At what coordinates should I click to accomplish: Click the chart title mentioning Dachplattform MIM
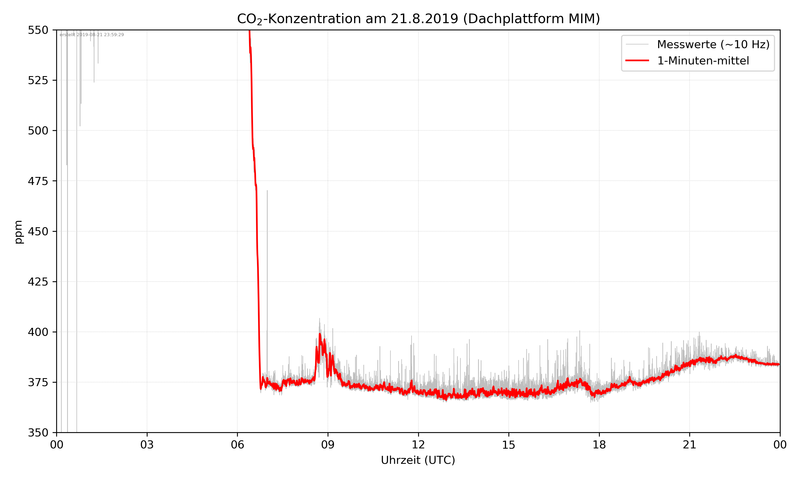click(x=418, y=19)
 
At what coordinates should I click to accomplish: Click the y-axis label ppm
click(x=18, y=232)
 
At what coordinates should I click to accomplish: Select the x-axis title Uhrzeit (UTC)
click(x=418, y=460)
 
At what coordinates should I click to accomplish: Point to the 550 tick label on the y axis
click(x=38, y=30)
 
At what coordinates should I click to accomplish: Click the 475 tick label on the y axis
click(x=38, y=181)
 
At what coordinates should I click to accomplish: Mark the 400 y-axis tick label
click(x=38, y=332)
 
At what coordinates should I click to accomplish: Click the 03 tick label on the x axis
click(x=147, y=445)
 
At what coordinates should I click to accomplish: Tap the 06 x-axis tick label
click(x=237, y=445)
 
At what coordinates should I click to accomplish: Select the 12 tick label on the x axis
click(x=418, y=445)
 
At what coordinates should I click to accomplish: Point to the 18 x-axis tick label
click(x=599, y=445)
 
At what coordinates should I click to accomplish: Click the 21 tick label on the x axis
click(x=690, y=445)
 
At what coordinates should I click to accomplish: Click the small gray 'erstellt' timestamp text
click(x=92, y=35)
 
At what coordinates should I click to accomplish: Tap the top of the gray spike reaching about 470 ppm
click(x=267, y=191)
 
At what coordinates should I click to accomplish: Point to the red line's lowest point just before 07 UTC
click(x=261, y=389)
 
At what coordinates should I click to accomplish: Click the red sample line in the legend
click(x=637, y=61)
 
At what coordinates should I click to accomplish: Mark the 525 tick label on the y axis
click(x=38, y=80)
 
